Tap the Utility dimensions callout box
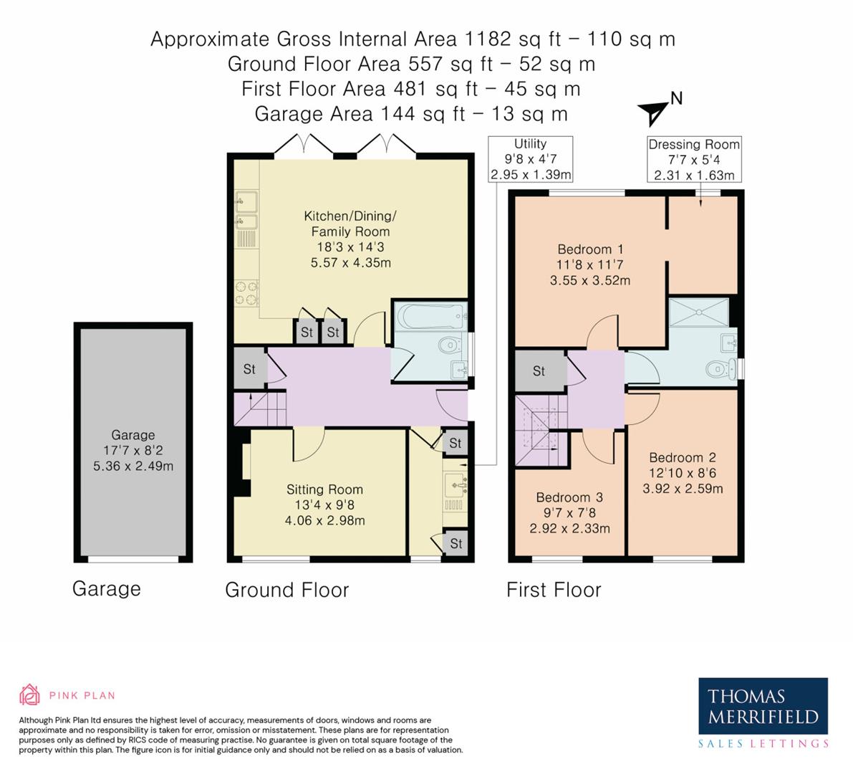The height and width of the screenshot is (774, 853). pos(531,159)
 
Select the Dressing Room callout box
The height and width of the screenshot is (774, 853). pos(693,159)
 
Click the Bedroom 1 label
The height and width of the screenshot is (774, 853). pos(590,249)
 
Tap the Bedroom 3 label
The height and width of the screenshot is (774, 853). pos(569,497)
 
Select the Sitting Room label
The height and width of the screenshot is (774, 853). pos(324,489)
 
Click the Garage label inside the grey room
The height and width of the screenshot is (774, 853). pos(132,435)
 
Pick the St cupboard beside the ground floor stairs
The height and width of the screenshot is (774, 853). pos(249,369)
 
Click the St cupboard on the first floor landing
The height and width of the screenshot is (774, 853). pos(539,371)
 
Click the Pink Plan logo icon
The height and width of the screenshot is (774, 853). pos(30,694)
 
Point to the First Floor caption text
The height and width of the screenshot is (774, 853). pos(554,590)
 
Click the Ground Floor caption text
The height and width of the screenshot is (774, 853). pos(286,590)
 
